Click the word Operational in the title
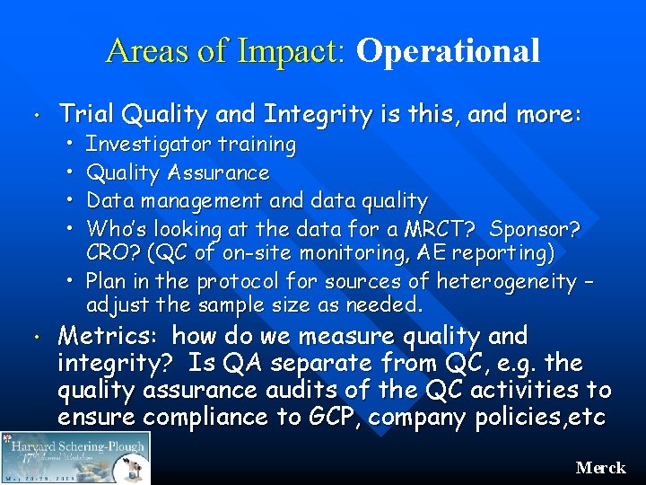[x=448, y=52]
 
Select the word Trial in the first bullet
[x=87, y=114]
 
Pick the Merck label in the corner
[x=600, y=468]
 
